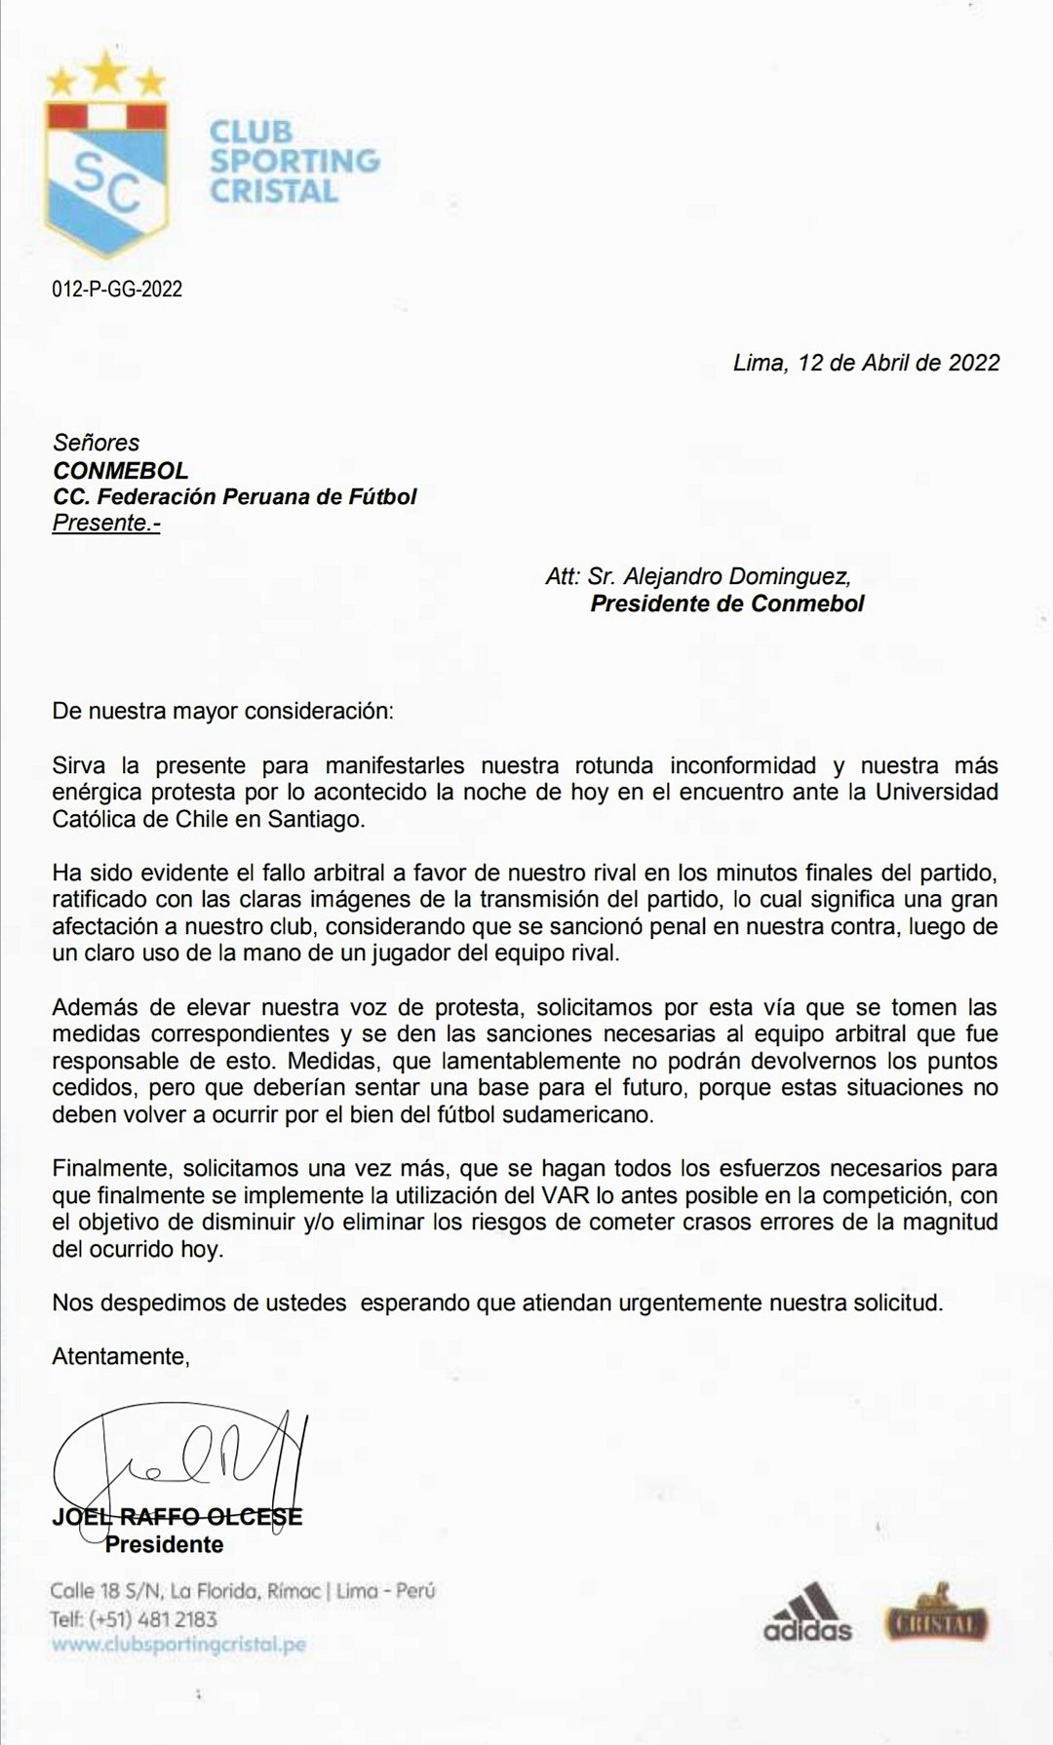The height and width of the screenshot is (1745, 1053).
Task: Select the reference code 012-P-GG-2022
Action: [x=117, y=290]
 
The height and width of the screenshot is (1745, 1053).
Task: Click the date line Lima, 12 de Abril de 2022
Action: [x=866, y=363]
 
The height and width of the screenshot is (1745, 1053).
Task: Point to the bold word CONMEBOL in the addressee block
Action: [x=120, y=470]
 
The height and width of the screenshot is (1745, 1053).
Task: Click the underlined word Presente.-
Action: [x=106, y=523]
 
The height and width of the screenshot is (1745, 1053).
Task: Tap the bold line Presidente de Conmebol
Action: [x=726, y=603]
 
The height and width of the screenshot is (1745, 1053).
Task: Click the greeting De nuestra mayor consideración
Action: [x=223, y=710]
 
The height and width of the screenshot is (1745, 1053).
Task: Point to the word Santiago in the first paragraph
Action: [x=311, y=819]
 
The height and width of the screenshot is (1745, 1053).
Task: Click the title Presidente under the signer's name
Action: [x=164, y=1544]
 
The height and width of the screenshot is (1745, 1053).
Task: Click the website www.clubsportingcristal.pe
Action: [x=178, y=1645]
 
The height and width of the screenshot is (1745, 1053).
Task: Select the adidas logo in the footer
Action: [x=807, y=1612]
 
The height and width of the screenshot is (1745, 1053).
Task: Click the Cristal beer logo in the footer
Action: [x=938, y=1618]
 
